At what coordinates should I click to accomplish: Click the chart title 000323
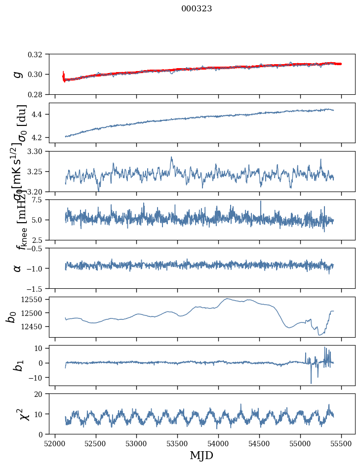coord(197,8)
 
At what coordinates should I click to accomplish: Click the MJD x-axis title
coord(201,456)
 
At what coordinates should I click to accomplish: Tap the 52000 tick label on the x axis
coord(55,443)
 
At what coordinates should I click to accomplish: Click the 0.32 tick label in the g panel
coord(39,54)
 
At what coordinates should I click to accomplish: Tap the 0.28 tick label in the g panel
coord(39,94)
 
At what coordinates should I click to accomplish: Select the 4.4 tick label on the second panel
coord(40,114)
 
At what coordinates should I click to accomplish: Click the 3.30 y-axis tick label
coord(39,151)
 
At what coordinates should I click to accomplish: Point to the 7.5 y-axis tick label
coord(40,199)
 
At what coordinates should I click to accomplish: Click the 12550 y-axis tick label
coord(35,299)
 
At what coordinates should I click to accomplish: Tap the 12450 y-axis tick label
coord(35,326)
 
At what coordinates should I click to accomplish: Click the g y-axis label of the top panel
coord(17,74)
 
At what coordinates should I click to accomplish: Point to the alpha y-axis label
coord(17,268)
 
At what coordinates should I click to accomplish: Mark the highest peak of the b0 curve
coord(227,299)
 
